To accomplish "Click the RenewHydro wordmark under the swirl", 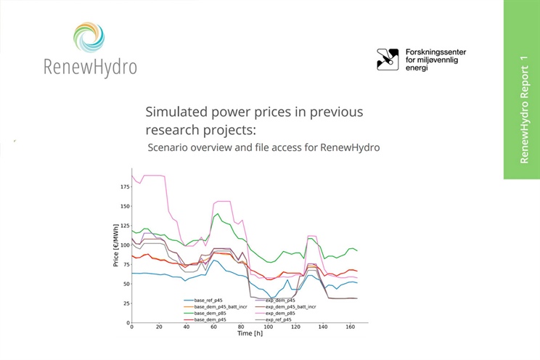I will [89, 67].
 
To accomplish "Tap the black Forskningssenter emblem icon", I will [388, 60].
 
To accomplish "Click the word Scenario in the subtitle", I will [170, 147].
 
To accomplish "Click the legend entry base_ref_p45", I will [208, 300].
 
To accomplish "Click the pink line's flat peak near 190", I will [153, 175].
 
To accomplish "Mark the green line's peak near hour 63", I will [217, 213].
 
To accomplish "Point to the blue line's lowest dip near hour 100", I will [269, 297].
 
